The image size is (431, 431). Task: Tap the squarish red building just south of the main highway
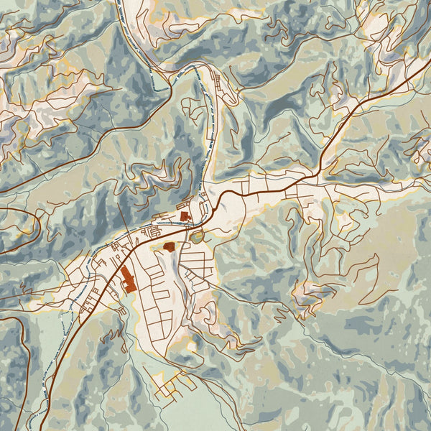(x=170, y=246)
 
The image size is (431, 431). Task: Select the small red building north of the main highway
(x=184, y=215)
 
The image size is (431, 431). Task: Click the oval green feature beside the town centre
(x=197, y=236)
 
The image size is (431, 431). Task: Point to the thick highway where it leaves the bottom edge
(x=41, y=428)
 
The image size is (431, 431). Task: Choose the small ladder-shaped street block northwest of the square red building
(x=152, y=232)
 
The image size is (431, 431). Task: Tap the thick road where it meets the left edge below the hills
(x=2, y=191)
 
